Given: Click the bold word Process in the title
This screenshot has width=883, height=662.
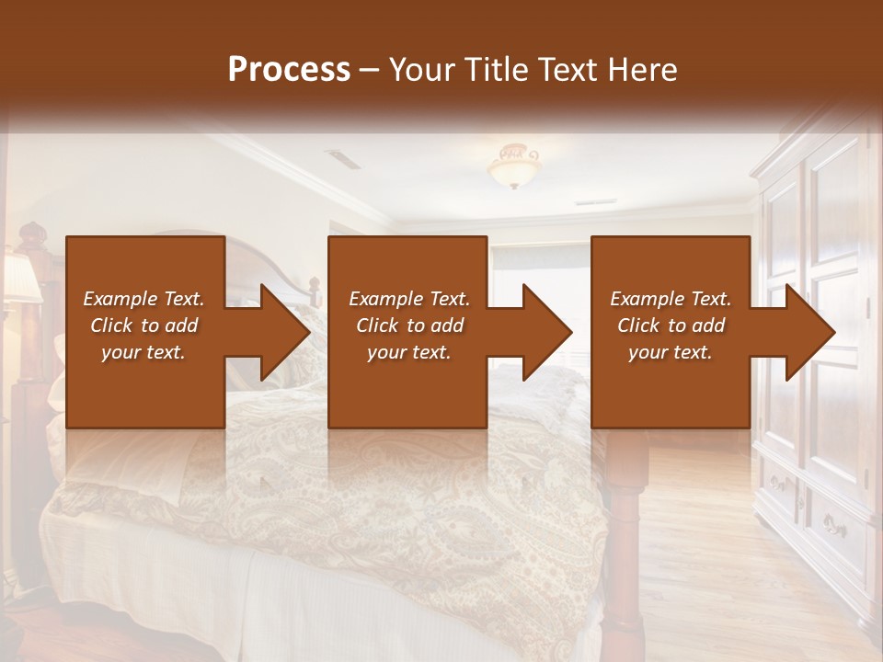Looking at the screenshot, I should pos(289,70).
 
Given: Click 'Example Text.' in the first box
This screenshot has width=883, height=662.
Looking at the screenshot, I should pos(143,299).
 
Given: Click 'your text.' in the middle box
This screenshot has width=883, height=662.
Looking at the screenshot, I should pos(408,352).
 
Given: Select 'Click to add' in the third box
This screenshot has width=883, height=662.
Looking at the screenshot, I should pos(671,325).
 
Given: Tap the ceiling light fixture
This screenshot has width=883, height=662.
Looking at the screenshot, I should pos(514,166).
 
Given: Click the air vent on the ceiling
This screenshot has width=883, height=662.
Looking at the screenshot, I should pos(343,159).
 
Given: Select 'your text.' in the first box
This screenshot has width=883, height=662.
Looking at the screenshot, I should pos(143,352).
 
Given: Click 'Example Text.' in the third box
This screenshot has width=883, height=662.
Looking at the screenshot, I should pos(671,299).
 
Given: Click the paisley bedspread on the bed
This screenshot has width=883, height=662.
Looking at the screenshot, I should pos(368,496).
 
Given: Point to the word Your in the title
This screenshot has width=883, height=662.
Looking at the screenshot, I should pos(422,70).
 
